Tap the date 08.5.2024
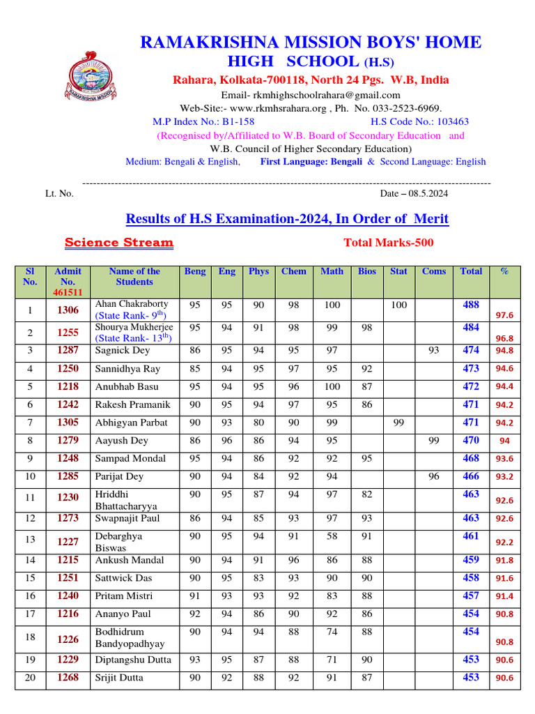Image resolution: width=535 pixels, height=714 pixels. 414,193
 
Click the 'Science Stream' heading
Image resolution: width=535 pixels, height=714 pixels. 119,243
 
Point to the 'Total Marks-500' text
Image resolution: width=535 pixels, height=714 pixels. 388,243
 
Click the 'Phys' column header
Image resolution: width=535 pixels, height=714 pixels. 258,271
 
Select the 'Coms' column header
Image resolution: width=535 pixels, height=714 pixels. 433,271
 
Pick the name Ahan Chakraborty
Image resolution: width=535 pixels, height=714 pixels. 132,304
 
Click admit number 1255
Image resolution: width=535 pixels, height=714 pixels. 68,333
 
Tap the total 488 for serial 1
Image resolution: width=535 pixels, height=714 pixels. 471,305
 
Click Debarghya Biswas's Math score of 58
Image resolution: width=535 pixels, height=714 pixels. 332,535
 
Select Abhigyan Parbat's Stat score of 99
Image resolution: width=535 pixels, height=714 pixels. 398,423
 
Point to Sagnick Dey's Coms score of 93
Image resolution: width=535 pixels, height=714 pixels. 433,350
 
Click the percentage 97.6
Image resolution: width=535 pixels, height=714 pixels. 504,315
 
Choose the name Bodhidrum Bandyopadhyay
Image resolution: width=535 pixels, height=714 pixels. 130,637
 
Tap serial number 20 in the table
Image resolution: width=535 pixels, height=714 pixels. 30,678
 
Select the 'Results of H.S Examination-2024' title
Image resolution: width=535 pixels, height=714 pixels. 287,219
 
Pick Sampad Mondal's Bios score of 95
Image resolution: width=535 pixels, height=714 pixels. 366,459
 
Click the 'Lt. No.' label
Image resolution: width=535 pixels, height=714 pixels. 59,194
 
